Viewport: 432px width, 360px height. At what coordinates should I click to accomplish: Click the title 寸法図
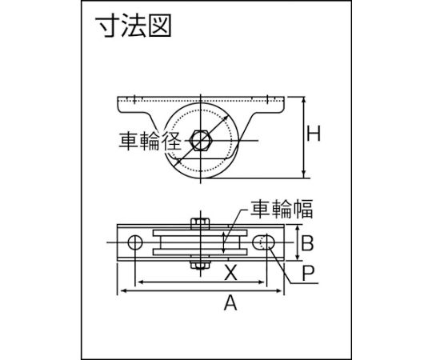pos(133,26)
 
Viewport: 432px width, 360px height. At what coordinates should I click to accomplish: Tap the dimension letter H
pos(314,134)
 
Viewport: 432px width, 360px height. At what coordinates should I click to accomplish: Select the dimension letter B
pos(307,243)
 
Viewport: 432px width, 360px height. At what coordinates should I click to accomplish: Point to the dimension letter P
pos(308,273)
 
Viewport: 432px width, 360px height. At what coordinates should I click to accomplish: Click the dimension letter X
pos(230,273)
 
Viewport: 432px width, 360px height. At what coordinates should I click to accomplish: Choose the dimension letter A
pos(230,302)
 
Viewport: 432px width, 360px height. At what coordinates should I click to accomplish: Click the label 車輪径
pos(150,141)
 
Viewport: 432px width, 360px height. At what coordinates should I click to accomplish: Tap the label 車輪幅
pos(282,209)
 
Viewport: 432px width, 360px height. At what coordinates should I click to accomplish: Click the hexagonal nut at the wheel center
pos(201,141)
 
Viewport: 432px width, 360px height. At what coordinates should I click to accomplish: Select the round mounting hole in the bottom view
pos(135,242)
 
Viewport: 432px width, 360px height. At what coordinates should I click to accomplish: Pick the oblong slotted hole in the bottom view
pos(263,242)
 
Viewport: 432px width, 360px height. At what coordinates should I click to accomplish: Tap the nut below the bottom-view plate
pos(200,265)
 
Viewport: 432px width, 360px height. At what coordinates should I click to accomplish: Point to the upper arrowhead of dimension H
pos(304,100)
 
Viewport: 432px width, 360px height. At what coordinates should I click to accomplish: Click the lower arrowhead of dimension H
pos(304,174)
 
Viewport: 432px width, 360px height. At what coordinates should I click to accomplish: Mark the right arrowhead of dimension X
pos(261,282)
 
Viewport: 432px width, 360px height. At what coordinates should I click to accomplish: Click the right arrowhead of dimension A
pos(279,290)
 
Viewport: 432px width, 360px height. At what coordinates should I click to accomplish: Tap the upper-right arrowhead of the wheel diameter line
pos(225,118)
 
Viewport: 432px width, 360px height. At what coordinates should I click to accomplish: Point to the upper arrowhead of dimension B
pos(298,229)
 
